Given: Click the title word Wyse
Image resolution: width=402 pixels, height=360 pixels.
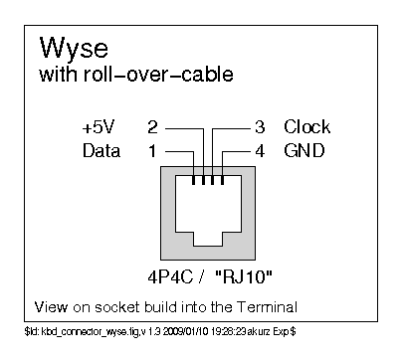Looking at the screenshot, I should point(74,49).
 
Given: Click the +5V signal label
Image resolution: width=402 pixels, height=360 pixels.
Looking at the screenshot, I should point(99,127).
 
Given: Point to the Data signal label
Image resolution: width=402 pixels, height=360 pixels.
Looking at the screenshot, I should point(100,151).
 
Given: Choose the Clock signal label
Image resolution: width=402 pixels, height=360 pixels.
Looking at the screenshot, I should point(306,127).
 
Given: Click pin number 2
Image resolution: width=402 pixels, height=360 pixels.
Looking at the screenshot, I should point(152,127).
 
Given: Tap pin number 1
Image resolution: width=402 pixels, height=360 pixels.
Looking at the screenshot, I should point(152,151).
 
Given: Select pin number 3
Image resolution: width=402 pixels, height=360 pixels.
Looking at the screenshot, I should point(258,127).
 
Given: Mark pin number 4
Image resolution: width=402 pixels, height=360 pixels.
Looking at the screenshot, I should point(258,151).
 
